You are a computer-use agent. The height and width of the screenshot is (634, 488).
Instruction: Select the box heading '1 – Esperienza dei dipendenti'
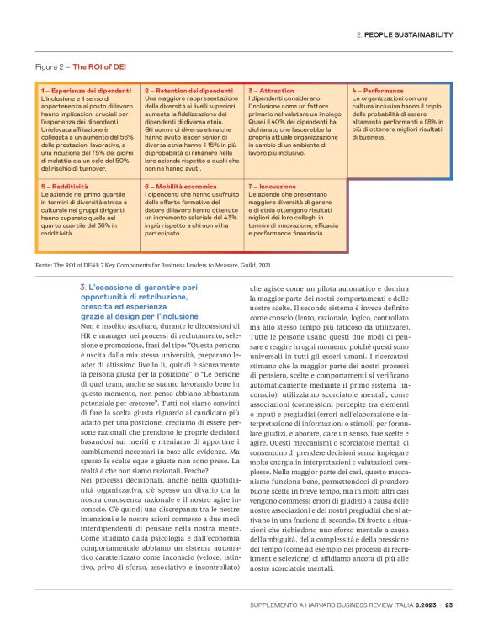point(82,90)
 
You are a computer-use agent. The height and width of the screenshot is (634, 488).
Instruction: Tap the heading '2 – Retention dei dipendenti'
point(188,90)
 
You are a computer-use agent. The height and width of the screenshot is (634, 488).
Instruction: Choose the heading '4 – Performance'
point(378,90)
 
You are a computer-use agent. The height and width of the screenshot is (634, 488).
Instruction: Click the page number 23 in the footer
point(450,605)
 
